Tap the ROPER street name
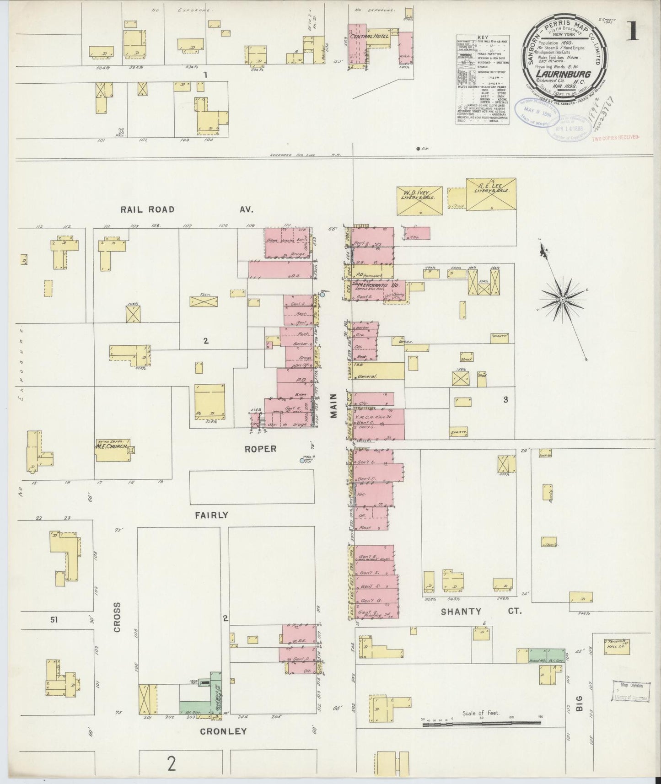tap(260, 449)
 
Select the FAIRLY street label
tap(211, 515)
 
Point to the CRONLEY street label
tap(223, 731)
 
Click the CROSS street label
tap(117, 617)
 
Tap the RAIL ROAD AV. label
tap(187, 209)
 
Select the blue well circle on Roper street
tap(302, 461)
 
